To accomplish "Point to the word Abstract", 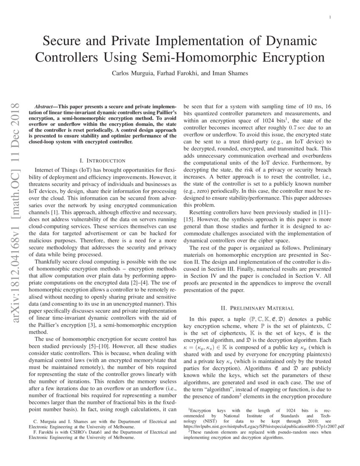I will tap(46, 104).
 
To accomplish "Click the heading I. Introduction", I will tap(102, 161).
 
